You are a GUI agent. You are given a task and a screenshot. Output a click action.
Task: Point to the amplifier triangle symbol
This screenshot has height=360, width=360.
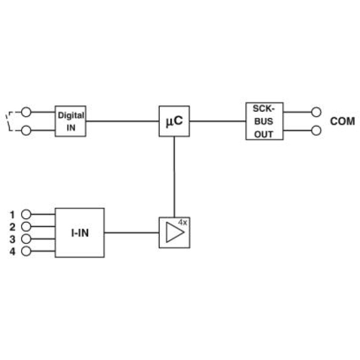click(175, 232)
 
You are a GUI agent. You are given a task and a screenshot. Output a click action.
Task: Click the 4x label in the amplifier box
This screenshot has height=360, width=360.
click(183, 222)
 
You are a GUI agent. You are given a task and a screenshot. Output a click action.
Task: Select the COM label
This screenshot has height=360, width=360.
click(342, 121)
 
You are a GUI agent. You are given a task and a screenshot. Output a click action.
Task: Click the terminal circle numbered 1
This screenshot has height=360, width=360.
click(26, 214)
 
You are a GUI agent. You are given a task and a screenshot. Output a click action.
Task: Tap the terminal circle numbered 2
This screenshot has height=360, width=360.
click(26, 227)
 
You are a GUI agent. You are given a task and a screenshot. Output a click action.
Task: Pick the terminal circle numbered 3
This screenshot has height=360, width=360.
click(26, 239)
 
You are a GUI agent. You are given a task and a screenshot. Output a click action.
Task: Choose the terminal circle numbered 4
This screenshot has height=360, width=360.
click(26, 251)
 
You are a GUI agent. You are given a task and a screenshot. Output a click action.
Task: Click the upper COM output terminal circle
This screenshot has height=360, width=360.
click(316, 112)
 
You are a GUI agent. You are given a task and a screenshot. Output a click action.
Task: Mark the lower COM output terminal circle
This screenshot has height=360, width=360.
click(316, 130)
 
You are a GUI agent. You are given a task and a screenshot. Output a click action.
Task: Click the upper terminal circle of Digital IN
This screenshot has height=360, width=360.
click(26, 112)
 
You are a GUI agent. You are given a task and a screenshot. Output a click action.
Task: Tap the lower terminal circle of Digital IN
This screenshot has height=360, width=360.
click(26, 130)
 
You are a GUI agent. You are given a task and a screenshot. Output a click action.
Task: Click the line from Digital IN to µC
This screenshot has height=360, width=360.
click(122, 121)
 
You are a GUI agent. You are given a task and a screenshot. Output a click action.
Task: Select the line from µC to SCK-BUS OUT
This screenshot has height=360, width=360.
click(218, 121)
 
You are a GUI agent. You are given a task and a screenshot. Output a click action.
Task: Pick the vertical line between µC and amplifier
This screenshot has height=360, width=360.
click(174, 177)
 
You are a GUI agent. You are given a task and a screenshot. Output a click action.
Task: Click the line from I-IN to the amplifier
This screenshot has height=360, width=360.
click(132, 233)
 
